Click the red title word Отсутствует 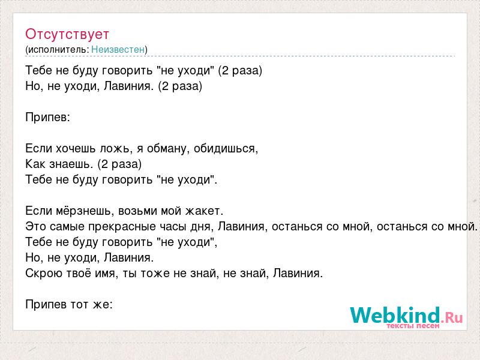(67, 34)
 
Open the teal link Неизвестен (118, 49)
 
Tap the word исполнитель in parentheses (58, 49)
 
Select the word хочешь (76, 148)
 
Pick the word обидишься (226, 149)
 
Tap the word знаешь (71, 164)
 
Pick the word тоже (155, 273)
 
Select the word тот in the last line (80, 304)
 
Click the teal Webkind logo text (395, 315)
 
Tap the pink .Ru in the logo (452, 317)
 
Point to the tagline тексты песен (413, 326)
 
